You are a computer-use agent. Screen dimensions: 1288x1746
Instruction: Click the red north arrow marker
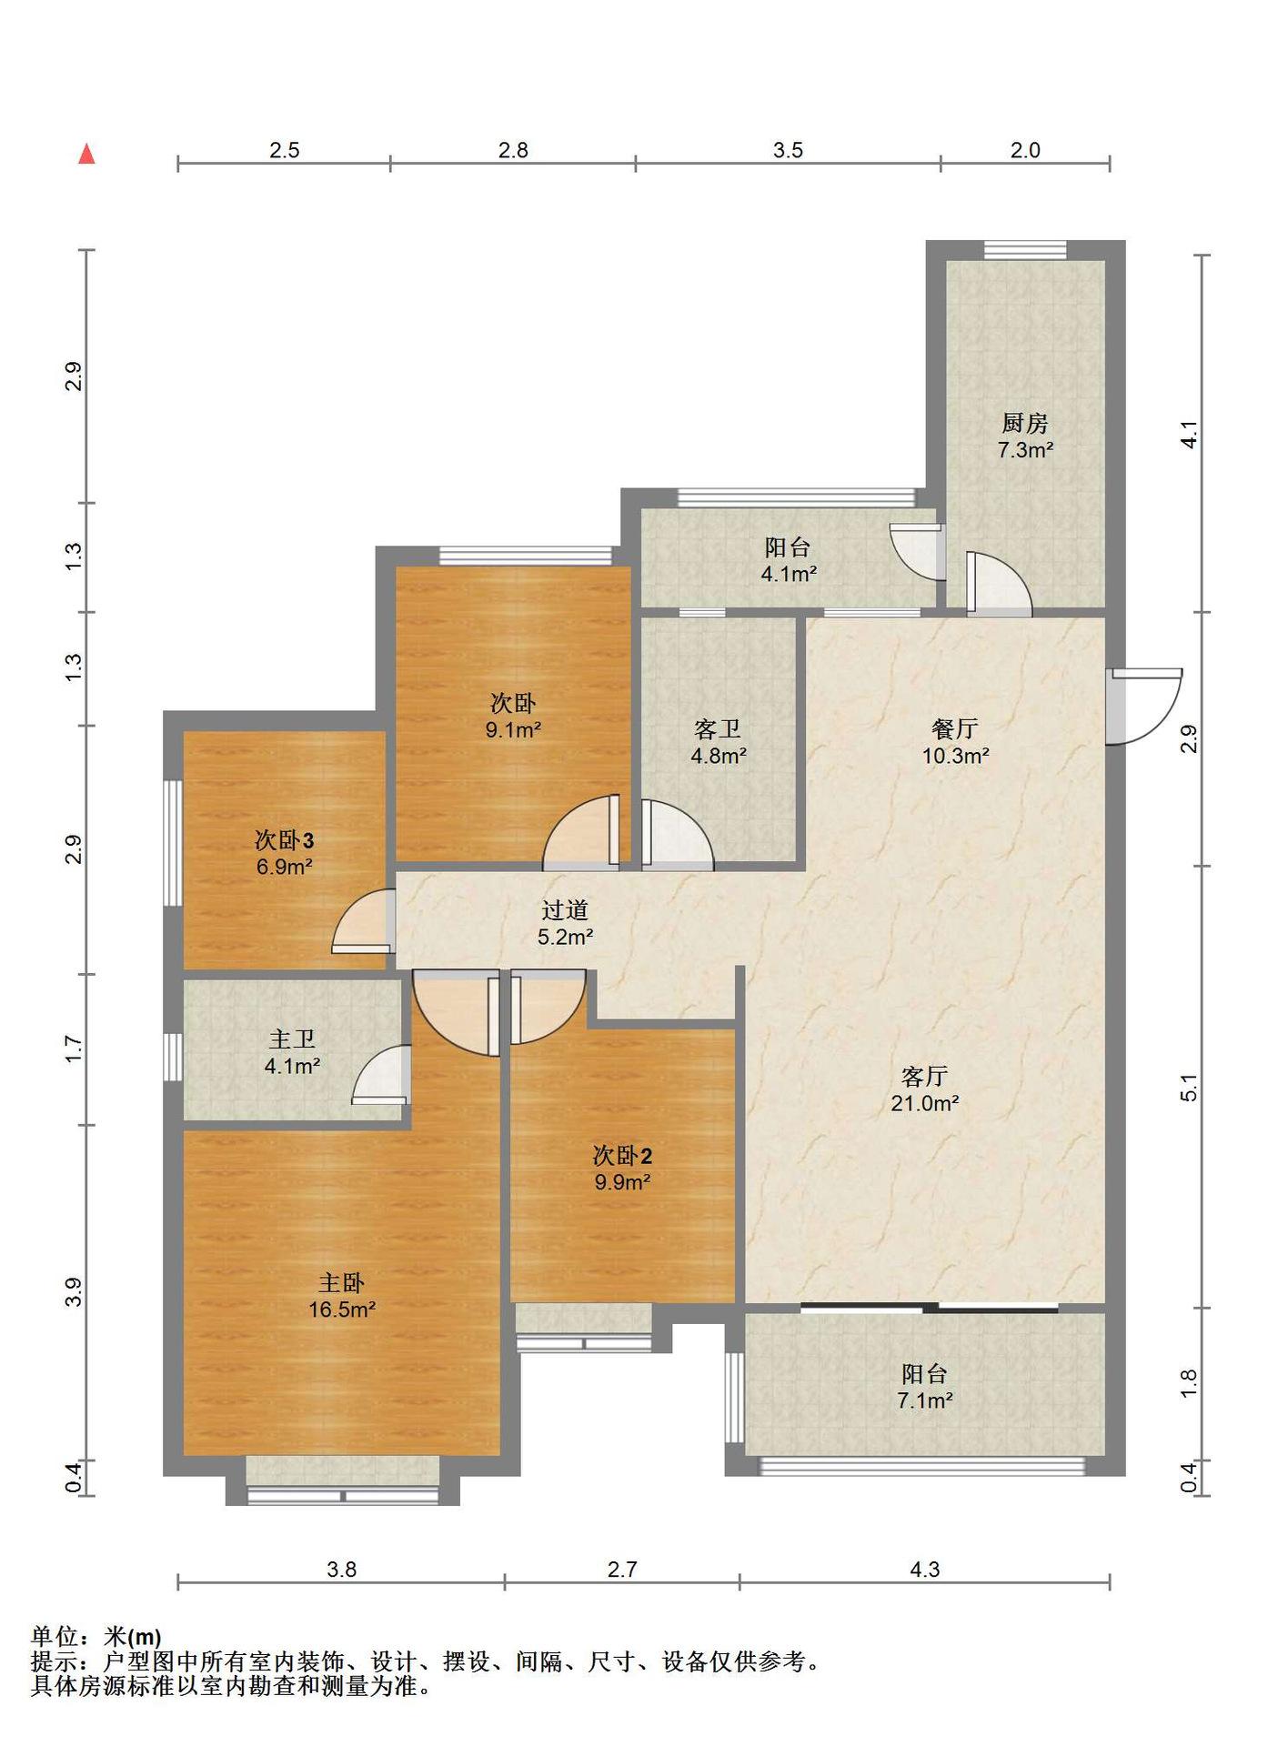point(86,154)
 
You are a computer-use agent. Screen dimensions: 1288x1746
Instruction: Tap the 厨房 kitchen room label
point(1025,423)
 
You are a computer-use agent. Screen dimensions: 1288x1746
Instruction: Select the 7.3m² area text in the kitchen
point(1025,449)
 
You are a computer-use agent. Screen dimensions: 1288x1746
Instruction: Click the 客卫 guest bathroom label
point(718,728)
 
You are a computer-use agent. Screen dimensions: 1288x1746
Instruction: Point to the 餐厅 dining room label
point(955,728)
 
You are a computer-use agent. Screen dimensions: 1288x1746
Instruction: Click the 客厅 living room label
point(925,1077)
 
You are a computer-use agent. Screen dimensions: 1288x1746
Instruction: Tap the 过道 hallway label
point(565,909)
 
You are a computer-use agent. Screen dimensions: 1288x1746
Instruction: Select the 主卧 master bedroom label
point(341,1283)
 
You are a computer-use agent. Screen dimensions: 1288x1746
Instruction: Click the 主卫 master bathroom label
point(292,1039)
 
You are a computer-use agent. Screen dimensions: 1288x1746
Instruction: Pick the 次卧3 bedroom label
point(284,839)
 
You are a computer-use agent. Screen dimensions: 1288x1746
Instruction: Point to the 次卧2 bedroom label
point(622,1156)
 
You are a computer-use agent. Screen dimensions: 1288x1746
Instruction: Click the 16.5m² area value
point(342,1309)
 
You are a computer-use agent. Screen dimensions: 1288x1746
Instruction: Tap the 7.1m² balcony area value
point(925,1400)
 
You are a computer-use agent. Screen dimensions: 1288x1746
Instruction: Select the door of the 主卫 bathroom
point(381,1075)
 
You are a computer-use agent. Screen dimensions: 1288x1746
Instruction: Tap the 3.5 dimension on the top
point(788,150)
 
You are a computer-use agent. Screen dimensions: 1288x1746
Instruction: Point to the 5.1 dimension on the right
point(1189,1088)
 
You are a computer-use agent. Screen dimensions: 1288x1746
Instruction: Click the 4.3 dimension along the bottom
point(924,1569)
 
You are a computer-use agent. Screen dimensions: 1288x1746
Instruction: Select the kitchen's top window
point(1025,250)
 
